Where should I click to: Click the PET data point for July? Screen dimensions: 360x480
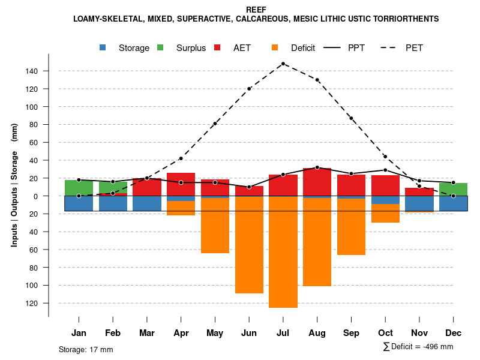pyautogui.click(x=283, y=64)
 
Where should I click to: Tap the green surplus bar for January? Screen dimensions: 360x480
pyautogui.click(x=79, y=187)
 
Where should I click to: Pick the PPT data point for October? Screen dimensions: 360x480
pyautogui.click(x=385, y=170)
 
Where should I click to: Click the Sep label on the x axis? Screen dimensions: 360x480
pyautogui.click(x=351, y=332)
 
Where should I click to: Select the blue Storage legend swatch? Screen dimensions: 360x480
pyautogui.click(x=103, y=47)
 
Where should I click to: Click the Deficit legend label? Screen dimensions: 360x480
pyautogui.click(x=303, y=48)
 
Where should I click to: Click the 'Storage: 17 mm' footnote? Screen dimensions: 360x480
pyautogui.click(x=86, y=349)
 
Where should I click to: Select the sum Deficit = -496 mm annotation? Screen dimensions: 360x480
pyautogui.click(x=418, y=346)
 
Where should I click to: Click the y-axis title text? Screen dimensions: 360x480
pyautogui.click(x=14, y=185)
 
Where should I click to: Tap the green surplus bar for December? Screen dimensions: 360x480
pyautogui.click(x=453, y=189)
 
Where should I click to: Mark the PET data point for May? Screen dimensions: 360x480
pyautogui.click(x=215, y=124)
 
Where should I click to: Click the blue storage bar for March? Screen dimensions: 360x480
pyautogui.click(x=147, y=203)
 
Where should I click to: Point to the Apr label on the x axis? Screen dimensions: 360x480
pyautogui.click(x=181, y=332)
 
